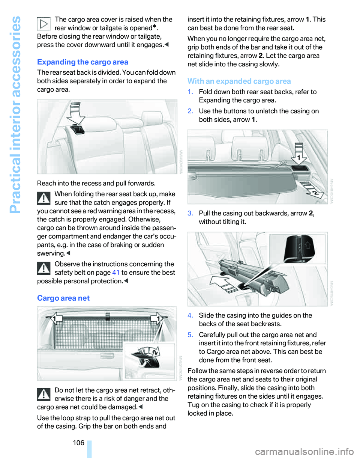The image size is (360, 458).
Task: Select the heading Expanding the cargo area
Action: [x=82, y=62]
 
